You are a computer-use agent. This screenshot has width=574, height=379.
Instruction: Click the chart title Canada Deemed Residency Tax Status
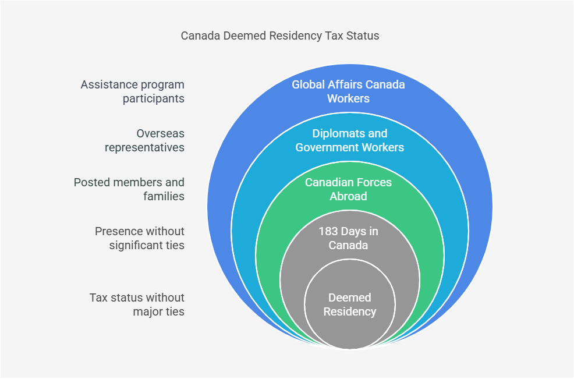tap(280, 36)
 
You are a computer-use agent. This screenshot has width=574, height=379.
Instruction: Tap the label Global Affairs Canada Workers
tap(348, 91)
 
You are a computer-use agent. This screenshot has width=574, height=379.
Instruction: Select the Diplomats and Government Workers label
tap(350, 140)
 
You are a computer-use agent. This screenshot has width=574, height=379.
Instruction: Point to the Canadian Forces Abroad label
tap(348, 189)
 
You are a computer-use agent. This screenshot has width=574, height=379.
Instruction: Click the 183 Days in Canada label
tap(348, 238)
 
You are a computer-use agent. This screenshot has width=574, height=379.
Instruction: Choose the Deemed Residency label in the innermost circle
tap(350, 304)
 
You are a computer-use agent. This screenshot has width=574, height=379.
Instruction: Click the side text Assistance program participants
tap(133, 91)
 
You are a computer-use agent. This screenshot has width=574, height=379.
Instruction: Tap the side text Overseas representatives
tap(144, 140)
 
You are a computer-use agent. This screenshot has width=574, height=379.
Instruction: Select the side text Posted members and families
tap(129, 189)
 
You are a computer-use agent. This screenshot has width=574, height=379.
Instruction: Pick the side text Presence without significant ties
tap(140, 238)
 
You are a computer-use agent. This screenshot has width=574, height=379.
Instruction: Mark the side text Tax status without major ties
tap(137, 304)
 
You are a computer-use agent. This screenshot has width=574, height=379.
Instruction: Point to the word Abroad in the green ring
tap(348, 196)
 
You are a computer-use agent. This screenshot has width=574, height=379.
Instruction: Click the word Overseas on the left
tap(160, 134)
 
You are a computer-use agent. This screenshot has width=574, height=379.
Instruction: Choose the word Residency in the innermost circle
tap(350, 311)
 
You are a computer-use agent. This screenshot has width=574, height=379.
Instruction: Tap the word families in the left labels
tap(164, 196)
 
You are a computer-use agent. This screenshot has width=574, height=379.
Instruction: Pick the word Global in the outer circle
tap(308, 84)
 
